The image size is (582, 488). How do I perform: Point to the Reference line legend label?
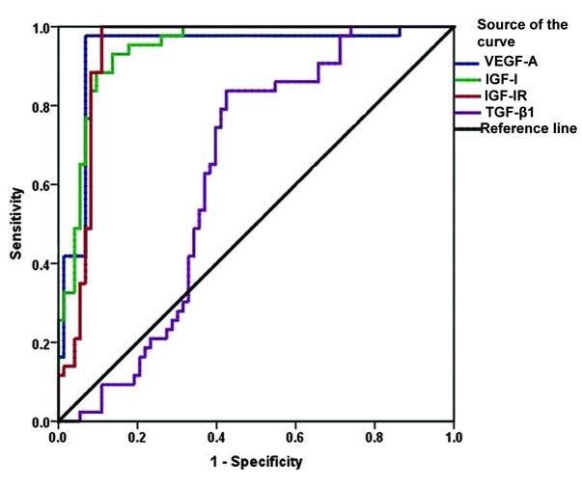(x=529, y=129)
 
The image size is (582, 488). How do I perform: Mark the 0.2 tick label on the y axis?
(x=40, y=343)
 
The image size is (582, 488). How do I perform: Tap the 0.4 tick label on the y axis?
(x=40, y=264)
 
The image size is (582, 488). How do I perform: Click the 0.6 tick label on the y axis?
(x=40, y=185)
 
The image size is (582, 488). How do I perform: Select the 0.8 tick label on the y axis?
(x=40, y=106)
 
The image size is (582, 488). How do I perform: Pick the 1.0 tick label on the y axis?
(x=40, y=28)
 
